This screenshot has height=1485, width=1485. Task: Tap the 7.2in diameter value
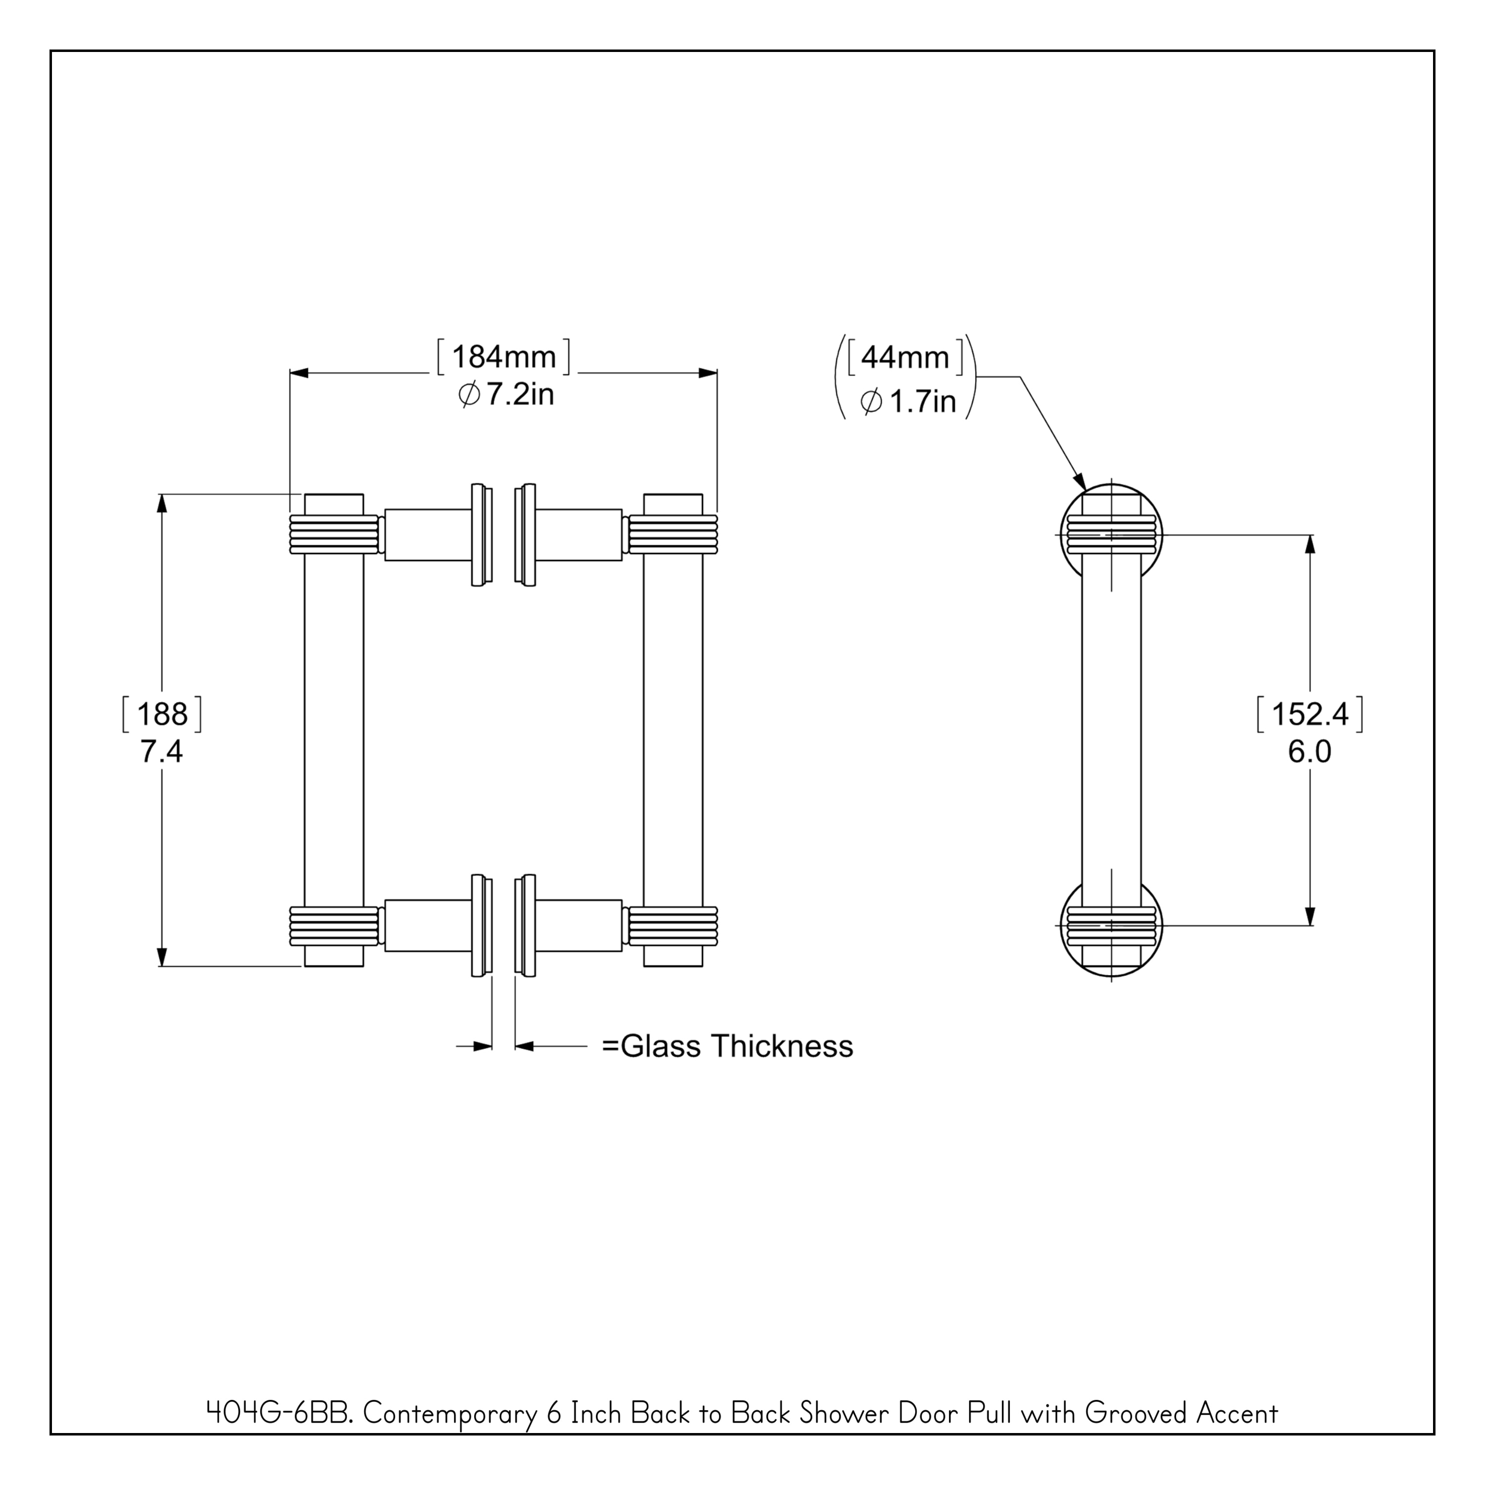tap(519, 395)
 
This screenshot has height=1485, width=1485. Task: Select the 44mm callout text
tap(905, 357)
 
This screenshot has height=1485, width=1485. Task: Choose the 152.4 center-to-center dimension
tap(1310, 715)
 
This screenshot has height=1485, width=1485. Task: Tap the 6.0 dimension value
tap(1310, 752)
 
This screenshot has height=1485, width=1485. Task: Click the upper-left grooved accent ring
tap(334, 534)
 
